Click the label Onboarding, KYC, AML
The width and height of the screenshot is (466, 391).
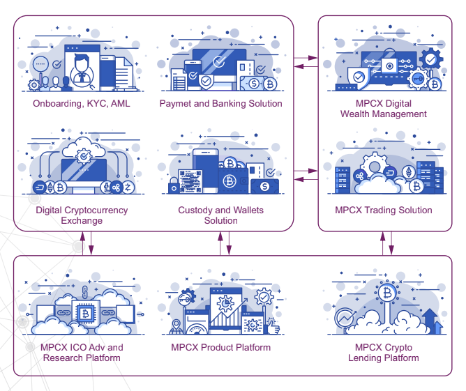click(81, 104)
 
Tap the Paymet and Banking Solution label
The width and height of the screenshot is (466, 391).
click(220, 104)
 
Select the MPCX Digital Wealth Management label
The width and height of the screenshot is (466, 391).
click(383, 109)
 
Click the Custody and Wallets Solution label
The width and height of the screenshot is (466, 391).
click(220, 215)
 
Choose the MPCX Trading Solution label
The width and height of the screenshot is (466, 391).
click(383, 210)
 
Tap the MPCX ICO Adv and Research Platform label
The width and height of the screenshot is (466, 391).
click(81, 353)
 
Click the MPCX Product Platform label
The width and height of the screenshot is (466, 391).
click(220, 347)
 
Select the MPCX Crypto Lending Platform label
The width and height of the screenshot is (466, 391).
click(383, 353)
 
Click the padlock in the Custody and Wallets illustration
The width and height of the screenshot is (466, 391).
click(173, 185)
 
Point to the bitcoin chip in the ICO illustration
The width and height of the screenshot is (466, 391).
click(84, 315)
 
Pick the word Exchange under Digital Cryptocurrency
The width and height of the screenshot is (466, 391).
click(82, 221)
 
